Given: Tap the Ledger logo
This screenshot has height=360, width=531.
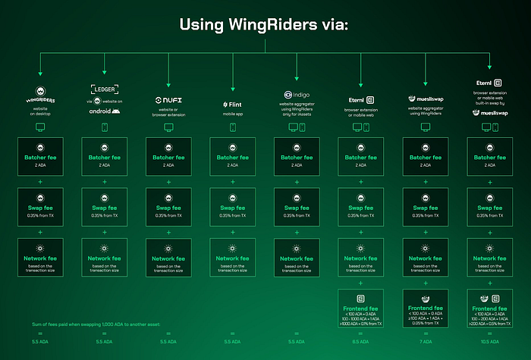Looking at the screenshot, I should [x=103, y=89].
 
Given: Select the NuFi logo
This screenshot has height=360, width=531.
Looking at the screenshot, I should [x=168, y=100].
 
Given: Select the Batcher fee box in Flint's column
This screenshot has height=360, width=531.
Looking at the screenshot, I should [x=233, y=157].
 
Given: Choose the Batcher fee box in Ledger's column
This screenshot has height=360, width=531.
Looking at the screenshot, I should [x=104, y=157].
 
